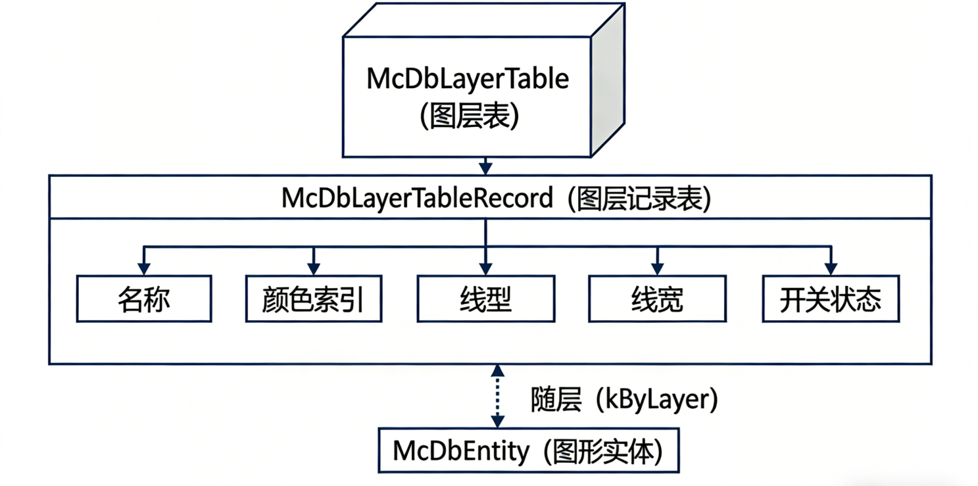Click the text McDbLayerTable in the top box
pos(467,79)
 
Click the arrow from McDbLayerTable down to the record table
pos(485,165)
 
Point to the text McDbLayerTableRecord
pos(417,198)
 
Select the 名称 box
pos(144,299)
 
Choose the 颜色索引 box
pos(312,299)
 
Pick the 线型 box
pos(485,299)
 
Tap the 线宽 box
pos(657,299)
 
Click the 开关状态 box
pos(831,299)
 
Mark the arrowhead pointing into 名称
pos(144,268)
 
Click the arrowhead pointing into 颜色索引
pos(314,268)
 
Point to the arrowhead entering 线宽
pos(658,268)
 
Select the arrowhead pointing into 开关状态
pos(831,268)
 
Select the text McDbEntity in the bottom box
pos(460,451)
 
